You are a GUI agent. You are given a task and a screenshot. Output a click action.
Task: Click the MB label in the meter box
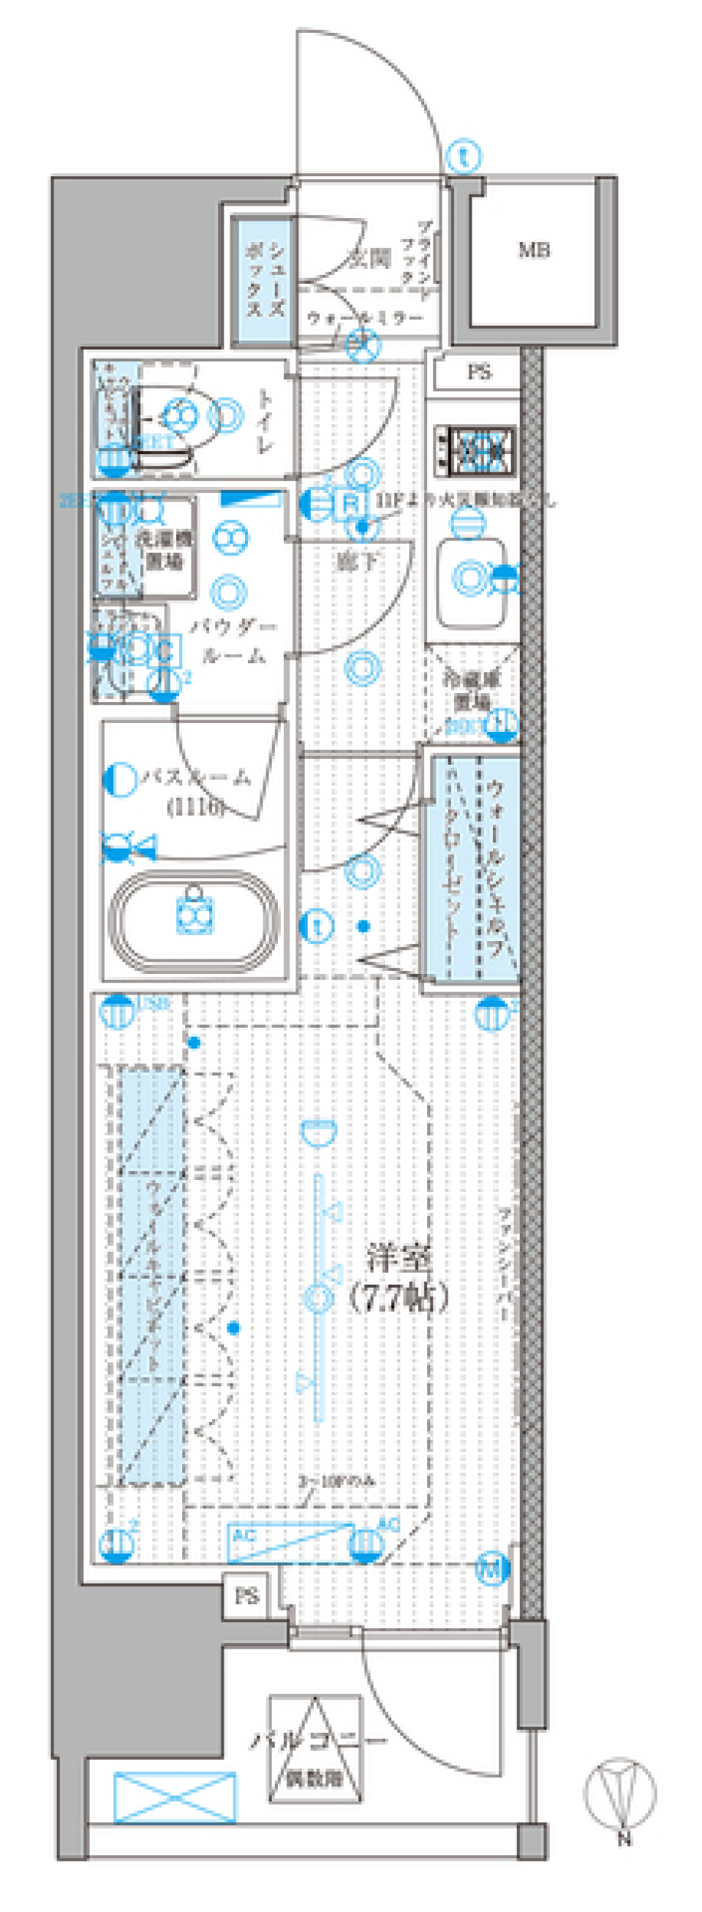(534, 250)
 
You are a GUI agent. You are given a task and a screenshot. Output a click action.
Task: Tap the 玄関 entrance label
(369, 259)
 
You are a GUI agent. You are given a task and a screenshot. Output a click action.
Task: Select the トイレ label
(265, 422)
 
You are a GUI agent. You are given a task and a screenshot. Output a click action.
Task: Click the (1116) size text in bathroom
(196, 806)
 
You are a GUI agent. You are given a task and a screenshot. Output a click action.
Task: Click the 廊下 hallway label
(358, 562)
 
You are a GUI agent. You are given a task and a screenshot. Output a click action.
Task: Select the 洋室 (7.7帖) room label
(399, 1278)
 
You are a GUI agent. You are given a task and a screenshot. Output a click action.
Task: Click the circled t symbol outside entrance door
(464, 157)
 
